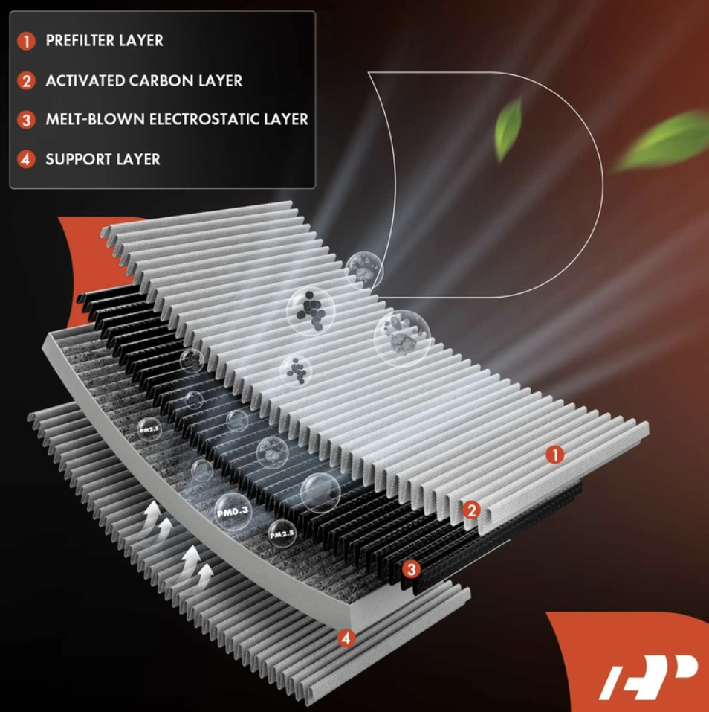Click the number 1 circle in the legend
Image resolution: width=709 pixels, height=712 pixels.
click(26, 41)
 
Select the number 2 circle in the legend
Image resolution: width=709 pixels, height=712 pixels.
click(26, 81)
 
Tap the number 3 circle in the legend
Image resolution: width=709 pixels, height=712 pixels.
click(26, 120)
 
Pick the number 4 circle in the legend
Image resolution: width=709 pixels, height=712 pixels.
click(26, 159)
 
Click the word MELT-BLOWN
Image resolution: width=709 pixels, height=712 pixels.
click(95, 119)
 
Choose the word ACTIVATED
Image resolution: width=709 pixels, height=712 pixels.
click(85, 81)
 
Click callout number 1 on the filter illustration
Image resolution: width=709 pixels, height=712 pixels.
click(554, 455)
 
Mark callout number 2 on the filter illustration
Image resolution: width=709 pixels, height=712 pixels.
click(472, 510)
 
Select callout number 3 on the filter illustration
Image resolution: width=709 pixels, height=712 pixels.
click(412, 569)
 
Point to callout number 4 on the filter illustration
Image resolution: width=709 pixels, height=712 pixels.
click(346, 639)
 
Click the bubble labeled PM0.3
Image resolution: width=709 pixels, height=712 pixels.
click(233, 512)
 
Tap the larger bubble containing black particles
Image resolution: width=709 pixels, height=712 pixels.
click(311, 310)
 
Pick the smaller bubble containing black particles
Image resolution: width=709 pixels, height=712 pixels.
click(296, 371)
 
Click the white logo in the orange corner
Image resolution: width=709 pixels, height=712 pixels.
click(648, 676)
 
